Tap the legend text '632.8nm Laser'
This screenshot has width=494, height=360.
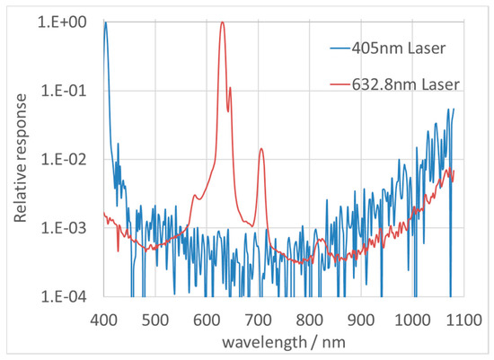(x=410, y=83)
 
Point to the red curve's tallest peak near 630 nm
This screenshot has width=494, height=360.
(x=222, y=22)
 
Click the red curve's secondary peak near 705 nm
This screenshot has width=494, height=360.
(x=261, y=149)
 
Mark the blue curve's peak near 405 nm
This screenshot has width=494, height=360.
(x=105, y=22)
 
